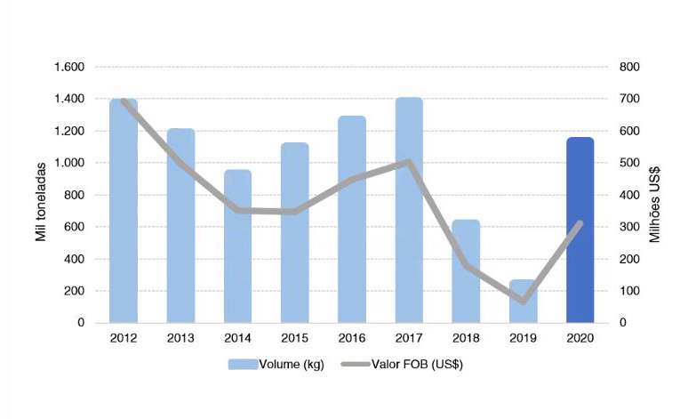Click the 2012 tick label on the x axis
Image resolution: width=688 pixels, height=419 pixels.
click(x=123, y=337)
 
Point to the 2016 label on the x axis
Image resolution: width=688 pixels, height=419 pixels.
click(x=352, y=337)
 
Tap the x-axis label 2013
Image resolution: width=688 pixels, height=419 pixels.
click(x=180, y=337)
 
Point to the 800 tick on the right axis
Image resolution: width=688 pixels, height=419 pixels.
click(x=629, y=68)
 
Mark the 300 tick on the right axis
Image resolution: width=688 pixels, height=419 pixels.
click(x=629, y=228)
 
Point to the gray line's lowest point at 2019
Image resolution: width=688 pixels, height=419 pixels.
click(x=523, y=301)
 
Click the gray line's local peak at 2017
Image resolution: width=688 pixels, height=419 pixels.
click(x=408, y=162)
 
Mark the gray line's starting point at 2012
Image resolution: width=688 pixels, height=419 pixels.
click(x=124, y=101)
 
